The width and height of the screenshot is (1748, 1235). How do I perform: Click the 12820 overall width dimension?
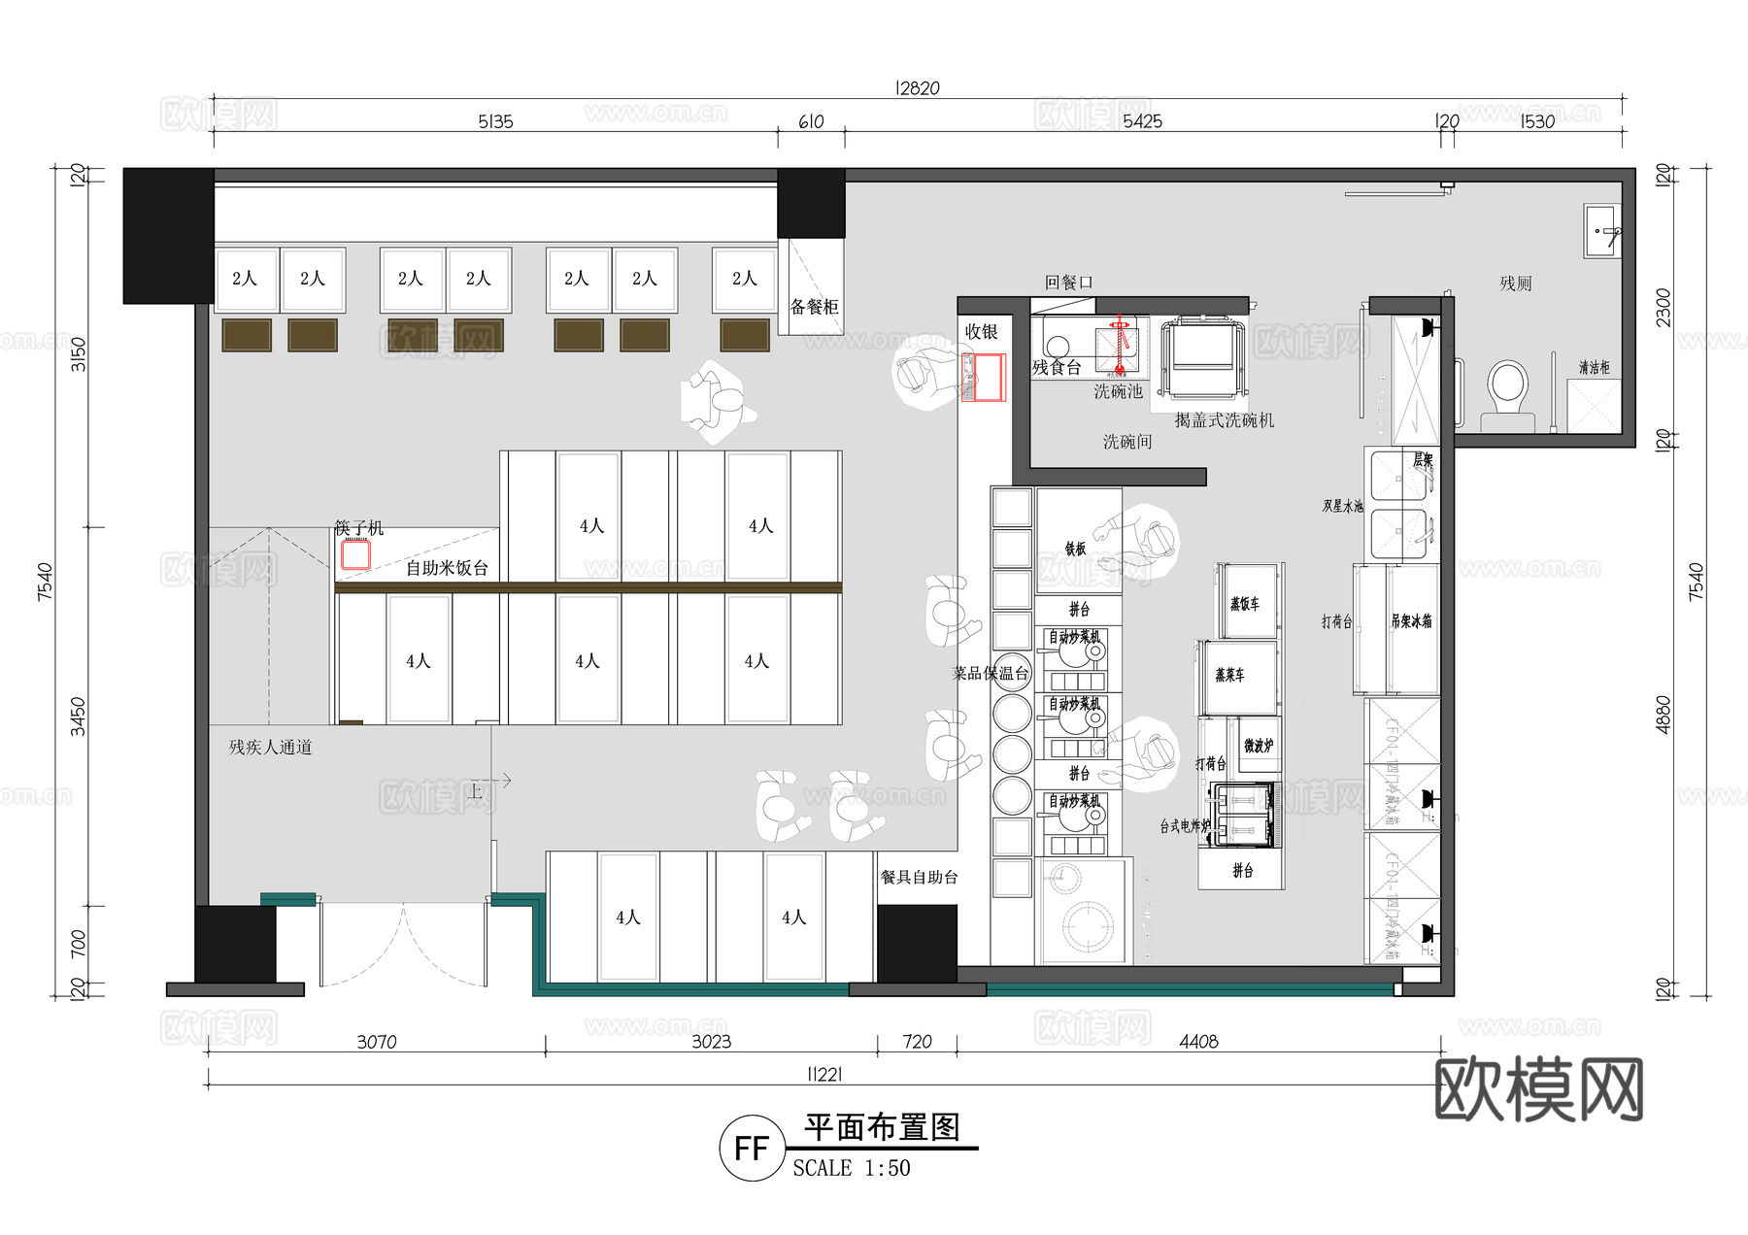917,88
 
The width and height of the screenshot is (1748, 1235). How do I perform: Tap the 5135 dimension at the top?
495,121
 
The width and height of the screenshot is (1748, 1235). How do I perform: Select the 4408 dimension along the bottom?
1198,1042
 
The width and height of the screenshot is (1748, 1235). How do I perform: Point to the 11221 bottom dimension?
824,1074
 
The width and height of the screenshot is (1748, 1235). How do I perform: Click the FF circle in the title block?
752,1149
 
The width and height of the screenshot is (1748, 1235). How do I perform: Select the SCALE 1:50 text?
852,1168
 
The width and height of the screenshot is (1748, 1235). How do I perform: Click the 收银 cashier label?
981,332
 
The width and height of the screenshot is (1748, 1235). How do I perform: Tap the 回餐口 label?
1068,283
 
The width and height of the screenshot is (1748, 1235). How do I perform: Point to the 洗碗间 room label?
1126,442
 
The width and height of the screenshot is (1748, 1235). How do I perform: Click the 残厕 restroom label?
1515,284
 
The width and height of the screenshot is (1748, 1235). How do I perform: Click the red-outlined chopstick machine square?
355,554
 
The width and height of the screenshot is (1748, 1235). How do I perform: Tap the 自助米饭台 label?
447,568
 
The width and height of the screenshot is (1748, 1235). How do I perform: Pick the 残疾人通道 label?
270,747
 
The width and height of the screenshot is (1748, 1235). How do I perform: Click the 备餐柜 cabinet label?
814,307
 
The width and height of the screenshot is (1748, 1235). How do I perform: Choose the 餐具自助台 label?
919,877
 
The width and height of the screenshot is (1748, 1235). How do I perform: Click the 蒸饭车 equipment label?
1244,604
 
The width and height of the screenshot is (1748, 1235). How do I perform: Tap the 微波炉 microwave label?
1258,746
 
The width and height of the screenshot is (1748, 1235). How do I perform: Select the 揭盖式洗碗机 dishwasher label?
1224,420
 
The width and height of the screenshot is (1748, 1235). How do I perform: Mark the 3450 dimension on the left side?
78,717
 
